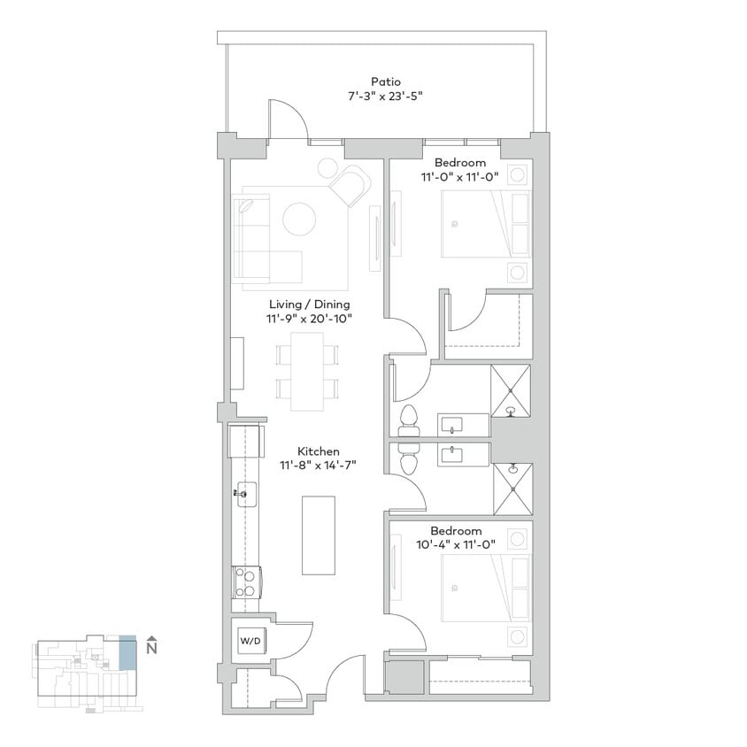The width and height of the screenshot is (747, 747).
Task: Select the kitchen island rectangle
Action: [318, 536]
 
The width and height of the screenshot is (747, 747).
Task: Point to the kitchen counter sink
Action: [245, 492]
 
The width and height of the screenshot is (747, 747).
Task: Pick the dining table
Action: [307, 371]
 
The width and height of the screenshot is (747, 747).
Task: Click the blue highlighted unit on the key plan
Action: [127, 652]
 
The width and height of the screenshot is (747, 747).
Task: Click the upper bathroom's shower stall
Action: [511, 390]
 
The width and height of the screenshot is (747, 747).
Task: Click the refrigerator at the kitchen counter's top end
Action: [245, 440]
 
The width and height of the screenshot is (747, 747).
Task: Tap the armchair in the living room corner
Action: [350, 185]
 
